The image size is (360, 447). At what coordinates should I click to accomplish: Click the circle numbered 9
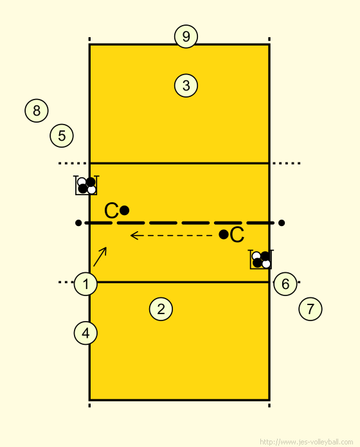(186, 37)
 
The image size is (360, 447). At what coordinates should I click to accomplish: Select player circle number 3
(186, 85)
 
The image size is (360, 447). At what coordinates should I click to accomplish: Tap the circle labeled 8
(37, 110)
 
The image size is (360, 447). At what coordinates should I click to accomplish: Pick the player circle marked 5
(62, 136)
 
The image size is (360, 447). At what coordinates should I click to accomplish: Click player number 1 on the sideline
(85, 284)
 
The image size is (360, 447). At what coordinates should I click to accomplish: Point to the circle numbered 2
(161, 309)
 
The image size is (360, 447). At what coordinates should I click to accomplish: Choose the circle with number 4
(85, 333)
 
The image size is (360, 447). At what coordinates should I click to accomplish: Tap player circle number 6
(285, 284)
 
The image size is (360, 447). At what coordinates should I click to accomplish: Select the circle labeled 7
(310, 309)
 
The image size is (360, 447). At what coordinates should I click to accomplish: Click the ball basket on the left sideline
(86, 186)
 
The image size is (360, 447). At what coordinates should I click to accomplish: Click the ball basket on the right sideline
(261, 259)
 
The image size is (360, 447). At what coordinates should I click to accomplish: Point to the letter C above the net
(111, 211)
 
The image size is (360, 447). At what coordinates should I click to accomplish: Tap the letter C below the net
(237, 235)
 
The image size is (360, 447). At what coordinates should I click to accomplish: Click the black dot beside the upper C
(124, 211)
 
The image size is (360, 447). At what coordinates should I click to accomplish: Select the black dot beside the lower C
(224, 234)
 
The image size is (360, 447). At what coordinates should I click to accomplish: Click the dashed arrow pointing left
(171, 236)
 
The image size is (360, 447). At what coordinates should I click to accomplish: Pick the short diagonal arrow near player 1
(100, 256)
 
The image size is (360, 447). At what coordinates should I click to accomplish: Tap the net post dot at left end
(78, 223)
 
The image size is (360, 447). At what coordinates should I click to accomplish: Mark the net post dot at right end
(282, 223)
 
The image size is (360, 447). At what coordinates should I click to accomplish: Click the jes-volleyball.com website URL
(307, 442)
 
